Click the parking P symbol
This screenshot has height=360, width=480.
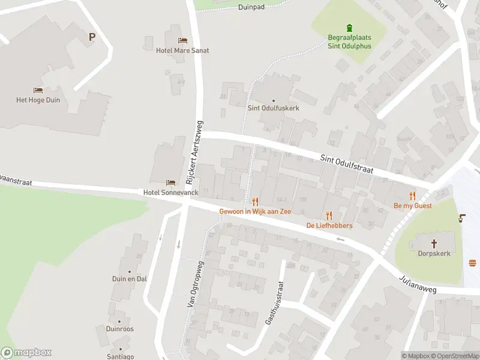pos(92,37)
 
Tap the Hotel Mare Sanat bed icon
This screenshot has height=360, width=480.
pos(182,41)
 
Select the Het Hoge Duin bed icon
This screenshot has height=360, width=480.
pos(38,91)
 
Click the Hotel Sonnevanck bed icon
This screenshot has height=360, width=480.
pos(171,182)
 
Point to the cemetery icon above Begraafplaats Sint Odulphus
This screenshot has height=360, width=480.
pos(349,28)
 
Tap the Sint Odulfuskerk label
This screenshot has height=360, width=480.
pos(273,108)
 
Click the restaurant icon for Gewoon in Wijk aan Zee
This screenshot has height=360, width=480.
pos(255,202)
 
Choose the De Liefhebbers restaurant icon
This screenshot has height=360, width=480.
pos(329,215)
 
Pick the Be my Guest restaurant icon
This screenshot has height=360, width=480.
pos(412,196)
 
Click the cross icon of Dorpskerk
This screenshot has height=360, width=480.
pos(435,244)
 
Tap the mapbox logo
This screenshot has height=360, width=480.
pos(26,352)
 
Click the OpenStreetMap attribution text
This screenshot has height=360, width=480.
pos(455,356)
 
